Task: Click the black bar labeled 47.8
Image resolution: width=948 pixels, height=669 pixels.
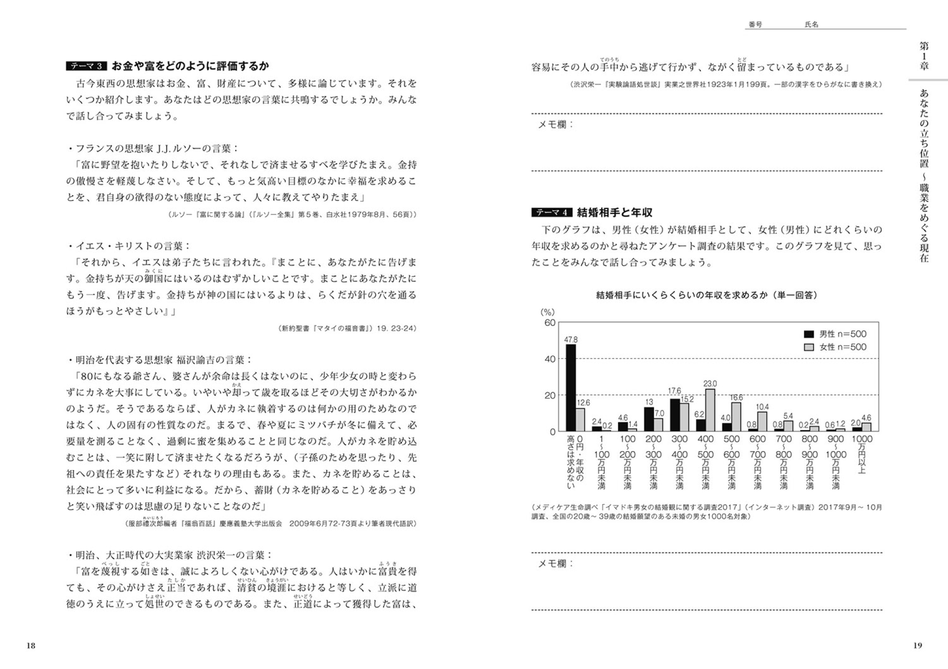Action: (571, 388)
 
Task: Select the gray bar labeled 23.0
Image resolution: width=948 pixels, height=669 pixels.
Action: (710, 410)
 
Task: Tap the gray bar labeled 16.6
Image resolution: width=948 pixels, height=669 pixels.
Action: (736, 416)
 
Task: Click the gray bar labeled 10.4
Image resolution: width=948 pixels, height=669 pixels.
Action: (762, 422)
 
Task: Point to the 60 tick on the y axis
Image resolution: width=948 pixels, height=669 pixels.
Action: (550, 323)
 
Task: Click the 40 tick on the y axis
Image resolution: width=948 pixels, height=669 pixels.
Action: (550, 359)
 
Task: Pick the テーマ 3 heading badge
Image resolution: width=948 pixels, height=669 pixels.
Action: (87, 66)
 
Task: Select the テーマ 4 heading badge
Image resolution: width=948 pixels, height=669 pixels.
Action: (552, 213)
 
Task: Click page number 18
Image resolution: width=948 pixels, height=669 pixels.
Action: (31, 645)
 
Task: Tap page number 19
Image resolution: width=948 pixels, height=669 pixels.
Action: (918, 645)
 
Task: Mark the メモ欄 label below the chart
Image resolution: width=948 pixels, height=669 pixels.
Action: (556, 563)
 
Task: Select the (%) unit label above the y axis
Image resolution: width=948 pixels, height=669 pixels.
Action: (547, 312)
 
